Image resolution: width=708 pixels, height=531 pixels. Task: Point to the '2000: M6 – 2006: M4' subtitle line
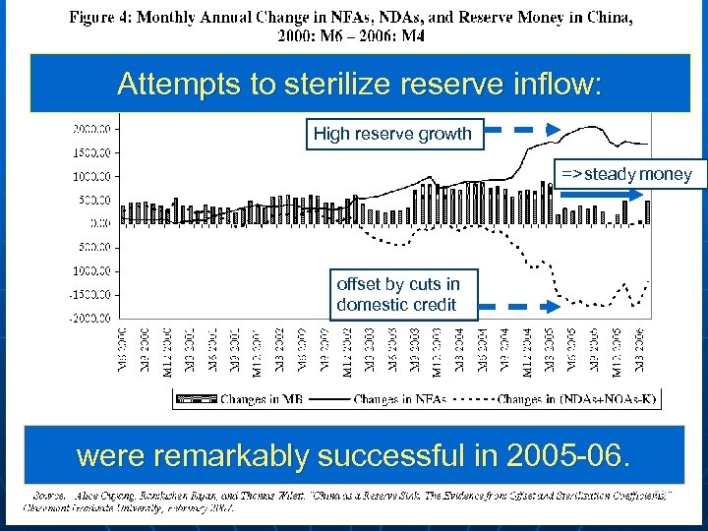coord(354,36)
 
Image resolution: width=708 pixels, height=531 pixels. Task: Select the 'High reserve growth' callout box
coord(392,134)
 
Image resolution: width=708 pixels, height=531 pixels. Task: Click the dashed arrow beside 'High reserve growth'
coord(524,129)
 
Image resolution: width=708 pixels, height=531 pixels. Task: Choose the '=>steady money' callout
coord(626,175)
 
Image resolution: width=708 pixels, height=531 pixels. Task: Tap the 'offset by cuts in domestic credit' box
coord(397,295)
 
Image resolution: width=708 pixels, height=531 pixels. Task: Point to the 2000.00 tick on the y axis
coord(94,128)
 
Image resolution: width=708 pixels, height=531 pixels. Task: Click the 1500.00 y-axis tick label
coord(94,151)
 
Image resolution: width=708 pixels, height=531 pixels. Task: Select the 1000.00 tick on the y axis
coord(94,176)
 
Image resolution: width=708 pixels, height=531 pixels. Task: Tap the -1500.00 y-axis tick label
coord(94,294)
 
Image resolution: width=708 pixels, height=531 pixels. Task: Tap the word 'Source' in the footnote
coord(51,496)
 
